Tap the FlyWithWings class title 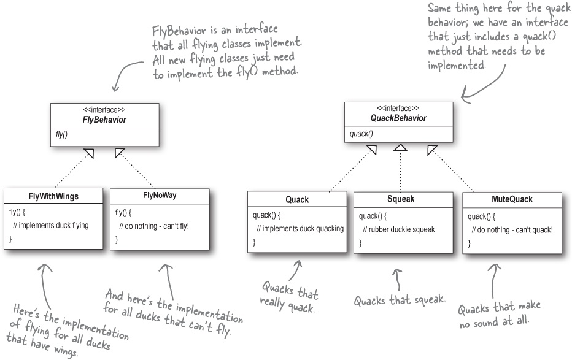click(53, 196)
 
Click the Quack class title click(297, 200)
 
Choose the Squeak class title click(401, 199)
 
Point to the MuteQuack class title click(512, 199)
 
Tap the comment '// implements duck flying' click(51, 225)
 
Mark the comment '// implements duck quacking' click(300, 229)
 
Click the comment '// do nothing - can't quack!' click(512, 229)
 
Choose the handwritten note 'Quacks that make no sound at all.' click(500, 313)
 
